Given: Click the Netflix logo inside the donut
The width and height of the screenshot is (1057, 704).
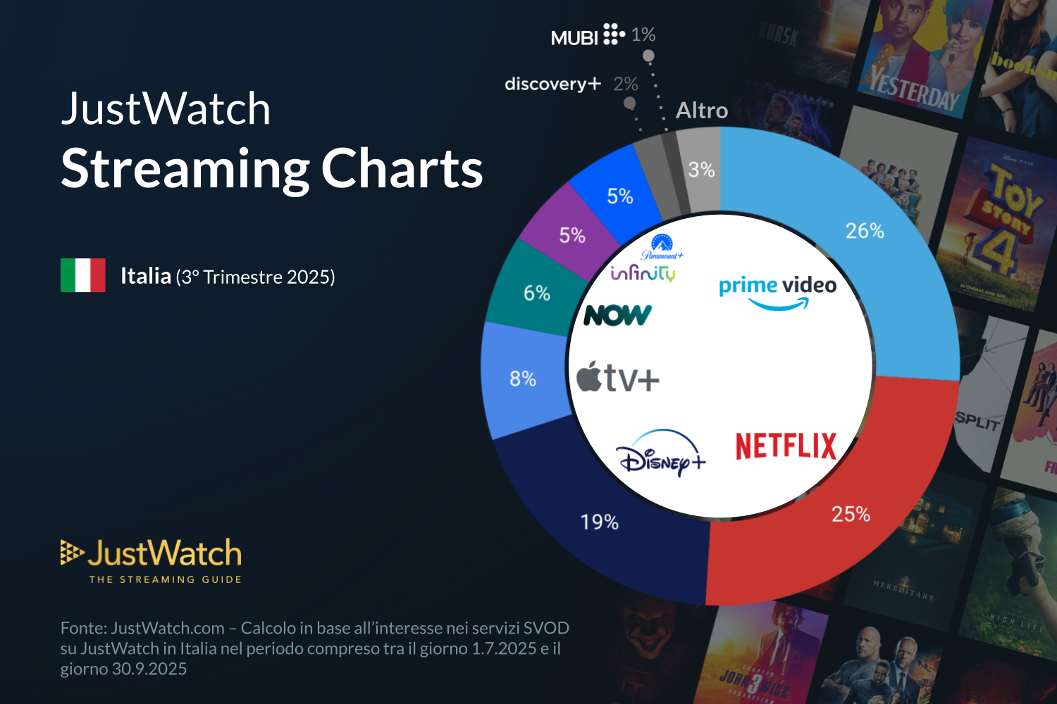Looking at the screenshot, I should [786, 446].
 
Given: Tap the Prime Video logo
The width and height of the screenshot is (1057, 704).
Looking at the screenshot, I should [777, 291].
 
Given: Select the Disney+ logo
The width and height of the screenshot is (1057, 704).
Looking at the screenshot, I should [660, 454].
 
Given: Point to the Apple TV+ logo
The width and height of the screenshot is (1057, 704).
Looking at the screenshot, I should [618, 378].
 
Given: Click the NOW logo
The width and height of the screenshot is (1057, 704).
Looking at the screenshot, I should [617, 315].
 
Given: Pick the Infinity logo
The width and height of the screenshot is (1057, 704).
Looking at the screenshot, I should [643, 273].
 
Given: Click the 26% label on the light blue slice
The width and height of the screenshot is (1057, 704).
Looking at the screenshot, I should [865, 231].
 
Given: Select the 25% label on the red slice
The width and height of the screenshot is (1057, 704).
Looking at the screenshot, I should [851, 514].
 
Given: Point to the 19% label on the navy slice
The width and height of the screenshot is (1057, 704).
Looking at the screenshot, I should [599, 522].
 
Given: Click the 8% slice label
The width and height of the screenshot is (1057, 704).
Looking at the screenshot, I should [523, 379].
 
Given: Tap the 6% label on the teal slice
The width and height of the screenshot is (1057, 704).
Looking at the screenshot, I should [536, 293].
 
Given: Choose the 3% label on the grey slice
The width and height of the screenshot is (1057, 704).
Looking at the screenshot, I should [701, 170].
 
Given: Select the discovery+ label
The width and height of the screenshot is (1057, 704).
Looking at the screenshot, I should [552, 84].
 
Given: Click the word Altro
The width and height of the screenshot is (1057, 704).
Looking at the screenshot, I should [702, 111].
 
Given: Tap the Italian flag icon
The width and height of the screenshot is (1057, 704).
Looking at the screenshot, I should [83, 275].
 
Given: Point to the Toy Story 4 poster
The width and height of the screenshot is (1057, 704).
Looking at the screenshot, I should [1001, 225].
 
